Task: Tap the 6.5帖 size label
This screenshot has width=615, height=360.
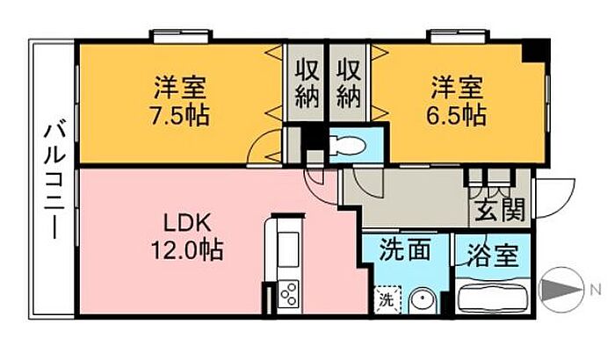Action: pyautogui.click(x=458, y=114)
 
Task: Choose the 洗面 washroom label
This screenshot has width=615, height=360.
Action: pyautogui.click(x=404, y=250)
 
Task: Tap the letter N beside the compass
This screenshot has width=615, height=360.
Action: pyautogui.click(x=595, y=289)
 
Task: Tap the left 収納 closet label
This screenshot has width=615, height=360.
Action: pyautogui.click(x=306, y=83)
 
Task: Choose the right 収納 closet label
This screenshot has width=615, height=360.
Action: pyautogui.click(x=349, y=83)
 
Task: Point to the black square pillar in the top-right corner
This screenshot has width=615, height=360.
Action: pyautogui.click(x=534, y=50)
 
